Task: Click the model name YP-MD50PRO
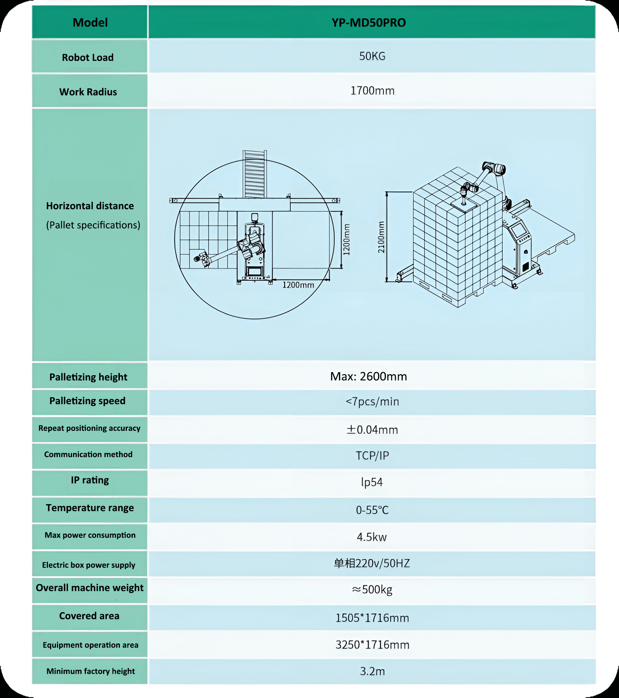coord(368,23)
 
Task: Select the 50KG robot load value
coord(372,56)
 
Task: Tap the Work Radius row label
coord(88,92)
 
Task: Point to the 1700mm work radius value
coord(372,91)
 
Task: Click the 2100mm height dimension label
coord(381,237)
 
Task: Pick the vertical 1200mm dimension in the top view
coord(346,239)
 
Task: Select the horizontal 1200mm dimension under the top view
coord(298,285)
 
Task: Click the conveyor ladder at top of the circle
coord(255,174)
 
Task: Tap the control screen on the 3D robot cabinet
coord(518,230)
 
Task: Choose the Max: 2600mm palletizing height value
coord(368,376)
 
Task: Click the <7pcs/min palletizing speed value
coord(372,402)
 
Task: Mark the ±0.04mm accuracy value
coord(372,430)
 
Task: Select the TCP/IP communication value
coord(372,456)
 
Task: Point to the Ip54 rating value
coord(372,482)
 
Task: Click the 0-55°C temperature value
coord(372,510)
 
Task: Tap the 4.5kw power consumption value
coord(372,537)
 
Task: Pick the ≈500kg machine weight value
coord(372,590)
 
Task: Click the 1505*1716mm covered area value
coord(372,618)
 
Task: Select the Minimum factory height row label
coord(91,671)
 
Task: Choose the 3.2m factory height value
coord(372,671)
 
